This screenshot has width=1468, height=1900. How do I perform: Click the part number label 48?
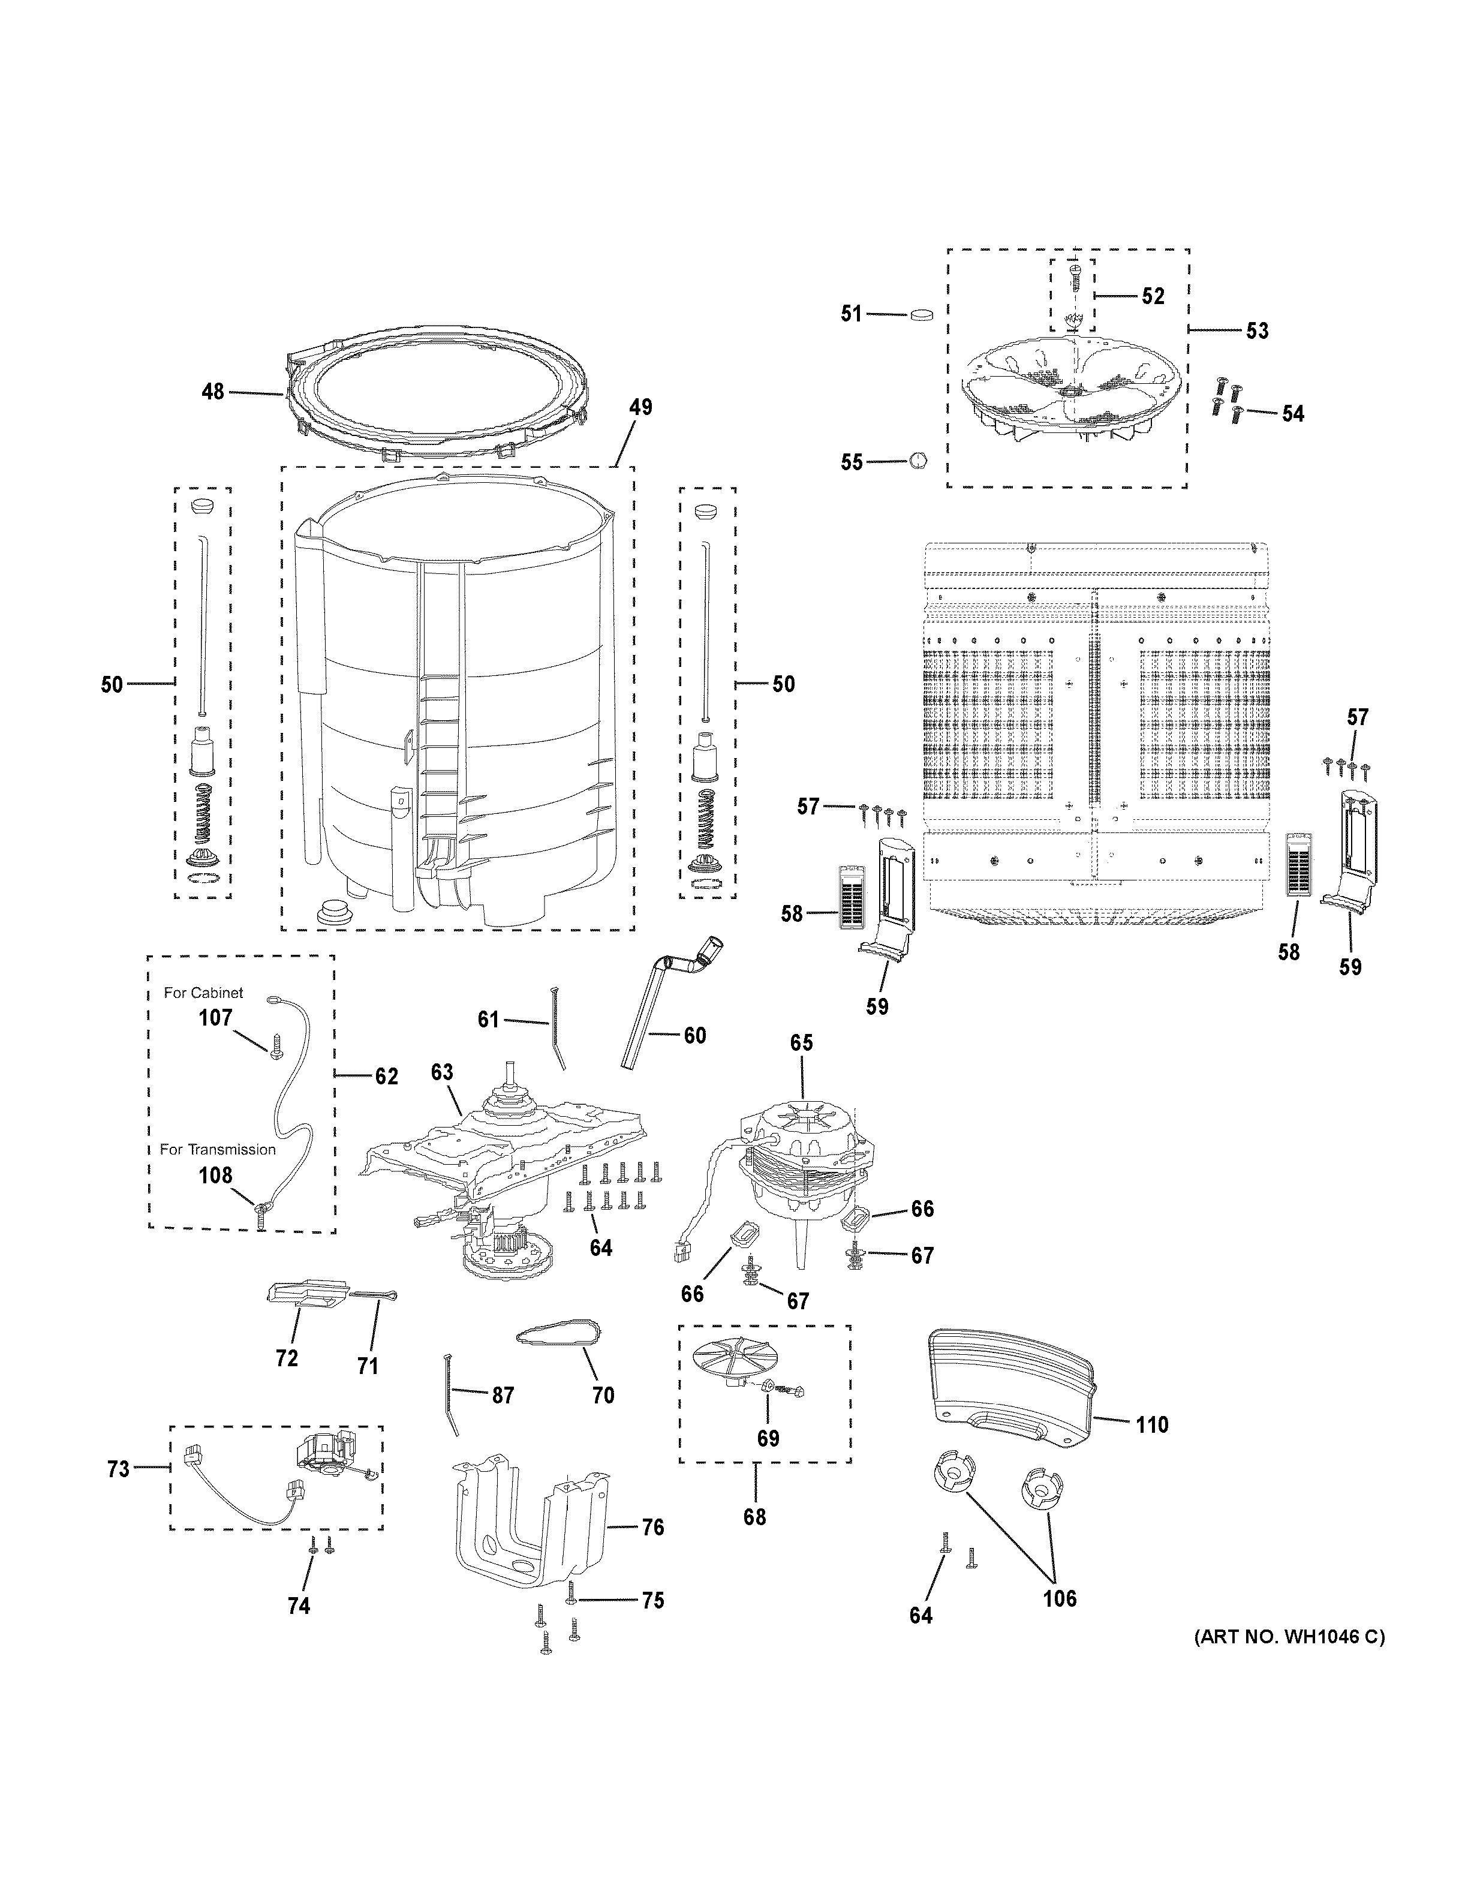(213, 392)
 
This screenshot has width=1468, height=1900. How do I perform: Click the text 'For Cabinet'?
(203, 993)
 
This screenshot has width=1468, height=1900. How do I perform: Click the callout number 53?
(1257, 330)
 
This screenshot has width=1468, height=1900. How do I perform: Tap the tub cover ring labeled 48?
(435, 396)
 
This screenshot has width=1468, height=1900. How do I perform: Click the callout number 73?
(118, 1469)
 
